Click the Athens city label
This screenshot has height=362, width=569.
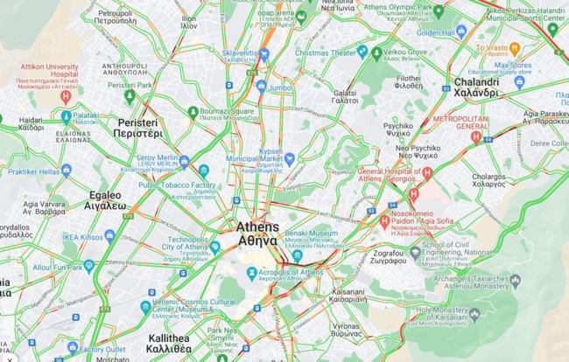[x=257, y=233]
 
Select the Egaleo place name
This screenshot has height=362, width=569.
[x=106, y=201]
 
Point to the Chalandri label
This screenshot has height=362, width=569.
[x=476, y=87]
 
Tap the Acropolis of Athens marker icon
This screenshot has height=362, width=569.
[x=252, y=274]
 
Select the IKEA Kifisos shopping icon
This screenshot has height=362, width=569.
[x=109, y=236]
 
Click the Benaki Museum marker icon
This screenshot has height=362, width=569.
[x=298, y=256]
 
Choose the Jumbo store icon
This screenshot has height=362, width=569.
[x=261, y=87]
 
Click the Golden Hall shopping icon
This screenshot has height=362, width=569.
[x=461, y=32]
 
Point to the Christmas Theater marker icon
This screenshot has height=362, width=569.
[x=362, y=52]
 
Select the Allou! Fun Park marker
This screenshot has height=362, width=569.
[x=89, y=266]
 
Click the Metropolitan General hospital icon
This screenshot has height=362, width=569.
[x=476, y=136]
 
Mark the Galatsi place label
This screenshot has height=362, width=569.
[x=346, y=97]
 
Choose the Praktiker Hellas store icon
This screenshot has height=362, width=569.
[x=67, y=171]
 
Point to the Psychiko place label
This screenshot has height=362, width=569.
[x=398, y=130]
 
